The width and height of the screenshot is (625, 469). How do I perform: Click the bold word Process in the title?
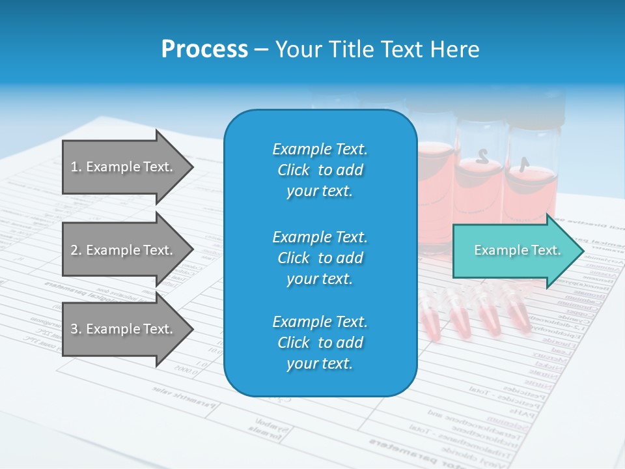pyautogui.click(x=204, y=50)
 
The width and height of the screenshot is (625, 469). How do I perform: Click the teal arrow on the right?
pyautogui.click(x=511, y=251)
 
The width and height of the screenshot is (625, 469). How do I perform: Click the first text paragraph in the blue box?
pyautogui.click(x=320, y=170)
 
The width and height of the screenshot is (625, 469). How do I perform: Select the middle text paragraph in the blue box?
pyautogui.click(x=320, y=258)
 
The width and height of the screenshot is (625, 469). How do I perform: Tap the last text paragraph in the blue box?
pyautogui.click(x=320, y=343)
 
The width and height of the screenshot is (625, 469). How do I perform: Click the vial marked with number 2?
pyautogui.click(x=480, y=176)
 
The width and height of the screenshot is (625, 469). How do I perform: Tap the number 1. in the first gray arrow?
pyautogui.click(x=76, y=167)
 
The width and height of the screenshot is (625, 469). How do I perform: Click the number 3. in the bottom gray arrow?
pyautogui.click(x=76, y=329)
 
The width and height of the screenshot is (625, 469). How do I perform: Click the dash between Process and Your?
pyautogui.click(x=262, y=50)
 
